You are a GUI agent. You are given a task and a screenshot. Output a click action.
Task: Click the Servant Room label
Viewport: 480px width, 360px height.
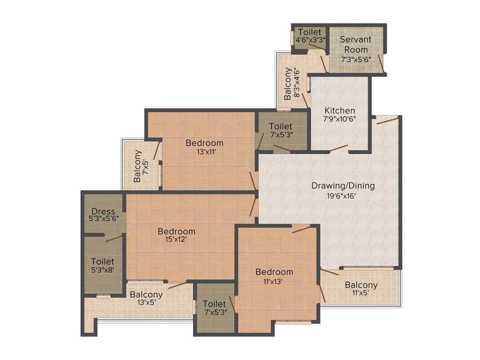pyautogui.click(x=355, y=45)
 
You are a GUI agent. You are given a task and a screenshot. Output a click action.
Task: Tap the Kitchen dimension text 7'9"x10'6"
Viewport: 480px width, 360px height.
pyautogui.click(x=340, y=119)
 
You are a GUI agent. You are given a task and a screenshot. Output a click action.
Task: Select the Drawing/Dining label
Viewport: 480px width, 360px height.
pyautogui.click(x=343, y=186)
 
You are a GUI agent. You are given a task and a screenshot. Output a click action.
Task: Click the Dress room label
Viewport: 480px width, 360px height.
pyautogui.click(x=103, y=211)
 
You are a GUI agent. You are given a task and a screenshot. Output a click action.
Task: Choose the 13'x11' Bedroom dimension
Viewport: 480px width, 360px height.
pyautogui.click(x=204, y=151)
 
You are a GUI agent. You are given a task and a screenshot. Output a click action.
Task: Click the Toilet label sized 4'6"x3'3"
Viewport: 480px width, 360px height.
pyautogui.click(x=310, y=32)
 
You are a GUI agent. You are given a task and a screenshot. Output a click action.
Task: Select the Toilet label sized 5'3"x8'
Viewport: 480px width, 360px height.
pyautogui.click(x=103, y=261)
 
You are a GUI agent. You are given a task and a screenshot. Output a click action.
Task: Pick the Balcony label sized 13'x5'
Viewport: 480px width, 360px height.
pyautogui.click(x=146, y=294)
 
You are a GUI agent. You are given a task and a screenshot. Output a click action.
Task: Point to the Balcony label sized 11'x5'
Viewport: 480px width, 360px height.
pyautogui.click(x=361, y=285)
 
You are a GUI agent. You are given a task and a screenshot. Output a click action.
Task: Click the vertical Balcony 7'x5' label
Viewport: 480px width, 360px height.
pyautogui.click(x=137, y=165)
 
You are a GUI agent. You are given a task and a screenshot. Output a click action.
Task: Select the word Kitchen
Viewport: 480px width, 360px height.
pyautogui.click(x=340, y=111)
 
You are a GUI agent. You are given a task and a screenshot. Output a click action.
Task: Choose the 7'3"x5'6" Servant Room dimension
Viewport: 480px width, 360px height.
pyautogui.click(x=355, y=60)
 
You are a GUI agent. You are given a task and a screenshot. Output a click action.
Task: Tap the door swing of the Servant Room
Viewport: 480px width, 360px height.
pyautogui.click(x=381, y=64)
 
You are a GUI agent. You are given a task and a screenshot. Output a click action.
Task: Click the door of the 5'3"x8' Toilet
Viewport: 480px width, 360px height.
pyautogui.click(x=114, y=239)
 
